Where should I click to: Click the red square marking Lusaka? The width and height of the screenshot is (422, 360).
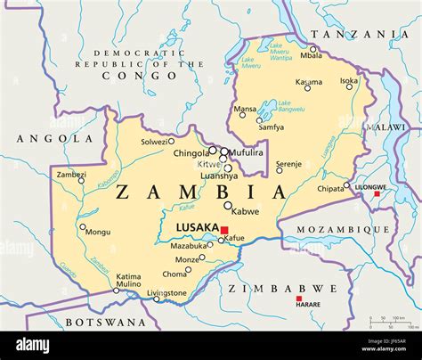coord(224,230)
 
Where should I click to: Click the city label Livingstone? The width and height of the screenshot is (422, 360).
coord(166,292)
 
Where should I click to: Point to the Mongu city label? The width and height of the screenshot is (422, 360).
coord(97,232)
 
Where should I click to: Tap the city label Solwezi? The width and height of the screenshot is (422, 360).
coord(153,142)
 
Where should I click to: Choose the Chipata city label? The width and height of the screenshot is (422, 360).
coord(330,189)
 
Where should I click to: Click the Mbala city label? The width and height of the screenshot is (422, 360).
coord(312,55)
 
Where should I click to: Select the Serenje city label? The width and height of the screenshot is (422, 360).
coord(288,164)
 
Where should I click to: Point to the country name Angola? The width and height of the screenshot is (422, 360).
coord(41,139)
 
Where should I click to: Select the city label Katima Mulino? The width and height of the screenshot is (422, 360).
coord(128,281)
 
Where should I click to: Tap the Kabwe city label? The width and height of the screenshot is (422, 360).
coord(245,211)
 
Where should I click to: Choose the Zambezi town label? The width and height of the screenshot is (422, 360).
coord(71,175)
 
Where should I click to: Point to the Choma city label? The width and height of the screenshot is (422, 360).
coord(174,274)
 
